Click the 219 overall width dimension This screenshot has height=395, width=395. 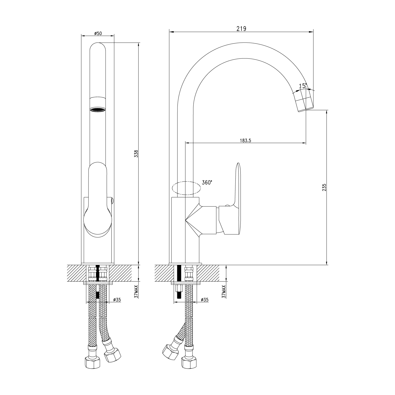tap(241, 29)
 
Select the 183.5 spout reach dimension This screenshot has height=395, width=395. tap(246, 141)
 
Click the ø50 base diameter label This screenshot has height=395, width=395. tap(98, 33)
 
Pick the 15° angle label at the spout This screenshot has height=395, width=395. tap(303, 86)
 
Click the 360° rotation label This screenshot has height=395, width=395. tap(207, 182)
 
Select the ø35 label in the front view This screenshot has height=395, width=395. tap(117, 300)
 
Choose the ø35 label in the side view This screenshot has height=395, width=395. tap(205, 300)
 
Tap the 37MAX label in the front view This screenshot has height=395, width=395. tap(136, 291)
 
